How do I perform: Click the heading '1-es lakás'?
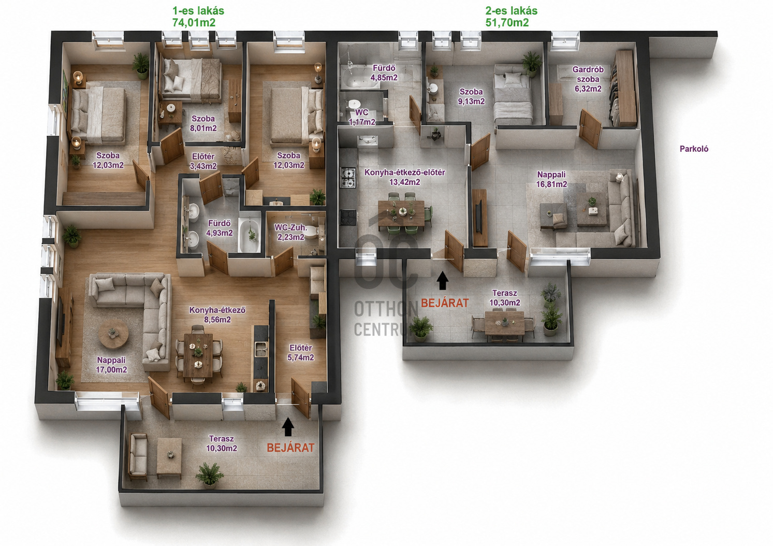pyautogui.click(x=198, y=11)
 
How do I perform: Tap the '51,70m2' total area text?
pyautogui.click(x=507, y=23)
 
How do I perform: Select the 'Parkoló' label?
pyautogui.click(x=694, y=149)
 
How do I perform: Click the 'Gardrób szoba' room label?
pyautogui.click(x=588, y=74)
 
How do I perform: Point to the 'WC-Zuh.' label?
pyautogui.click(x=290, y=227)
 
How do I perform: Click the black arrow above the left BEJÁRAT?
pyautogui.click(x=288, y=427)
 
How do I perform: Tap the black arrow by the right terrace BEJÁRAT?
pyautogui.click(x=442, y=280)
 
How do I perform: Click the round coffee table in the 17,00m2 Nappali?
pyautogui.click(x=113, y=334)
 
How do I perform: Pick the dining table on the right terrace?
pyautogui.click(x=504, y=323)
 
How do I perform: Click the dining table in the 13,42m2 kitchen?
pyautogui.click(x=401, y=213)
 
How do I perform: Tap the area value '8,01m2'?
pyautogui.click(x=203, y=128)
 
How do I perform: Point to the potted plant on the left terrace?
pyautogui.click(x=210, y=475)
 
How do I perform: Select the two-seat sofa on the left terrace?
pyautogui.click(x=138, y=456)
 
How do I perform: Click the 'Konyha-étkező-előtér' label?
pyautogui.click(x=405, y=173)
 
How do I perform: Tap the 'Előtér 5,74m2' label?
pyautogui.click(x=301, y=353)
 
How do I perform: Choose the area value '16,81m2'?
pyautogui.click(x=551, y=184)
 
